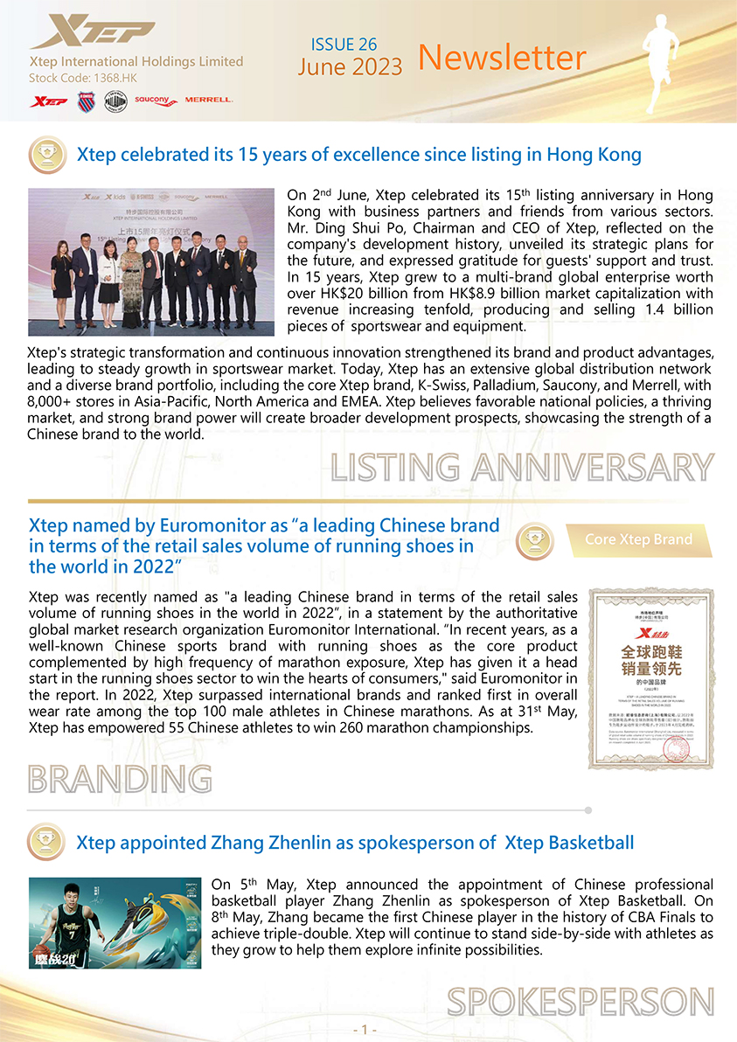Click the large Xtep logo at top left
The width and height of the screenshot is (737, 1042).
(91, 33)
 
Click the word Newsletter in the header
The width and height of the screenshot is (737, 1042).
(502, 58)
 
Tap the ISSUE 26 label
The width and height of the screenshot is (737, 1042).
(344, 44)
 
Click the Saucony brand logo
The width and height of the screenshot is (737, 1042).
(156, 101)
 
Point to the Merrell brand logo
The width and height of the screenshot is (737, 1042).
(208, 100)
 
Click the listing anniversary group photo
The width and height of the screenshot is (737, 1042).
(151, 261)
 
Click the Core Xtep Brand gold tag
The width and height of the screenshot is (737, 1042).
(638, 539)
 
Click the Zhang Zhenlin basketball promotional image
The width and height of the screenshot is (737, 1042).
(115, 922)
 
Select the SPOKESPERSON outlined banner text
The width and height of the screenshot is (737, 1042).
(580, 1001)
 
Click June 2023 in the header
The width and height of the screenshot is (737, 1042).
(350, 67)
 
